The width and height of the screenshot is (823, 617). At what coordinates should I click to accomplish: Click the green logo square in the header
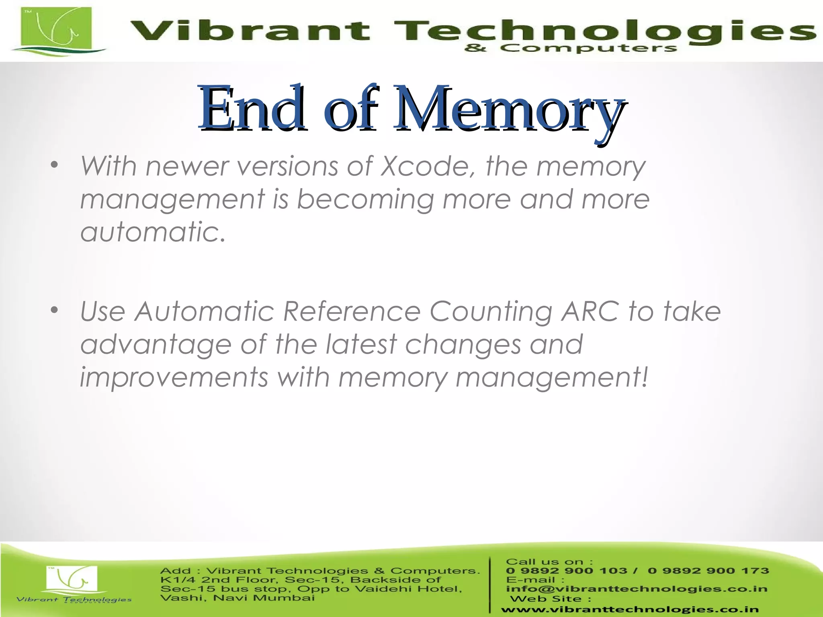coord(56,28)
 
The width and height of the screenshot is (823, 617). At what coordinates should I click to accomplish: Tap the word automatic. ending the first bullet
coord(153,232)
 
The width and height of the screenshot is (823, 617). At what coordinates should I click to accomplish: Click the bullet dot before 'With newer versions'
coord(55,165)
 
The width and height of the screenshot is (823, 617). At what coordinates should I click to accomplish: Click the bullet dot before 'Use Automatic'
coord(55,310)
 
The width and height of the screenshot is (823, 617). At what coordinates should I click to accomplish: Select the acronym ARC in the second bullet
coord(590,311)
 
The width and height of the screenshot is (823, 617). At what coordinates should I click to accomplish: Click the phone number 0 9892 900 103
coord(567,571)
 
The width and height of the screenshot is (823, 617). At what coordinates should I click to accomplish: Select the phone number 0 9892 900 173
coord(708,571)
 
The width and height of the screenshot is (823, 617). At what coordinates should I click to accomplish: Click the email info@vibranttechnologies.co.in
coord(637,589)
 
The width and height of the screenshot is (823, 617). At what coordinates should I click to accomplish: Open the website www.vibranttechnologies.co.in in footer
coord(629,609)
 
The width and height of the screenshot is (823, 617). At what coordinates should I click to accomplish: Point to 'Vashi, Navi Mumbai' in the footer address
coord(237,598)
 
